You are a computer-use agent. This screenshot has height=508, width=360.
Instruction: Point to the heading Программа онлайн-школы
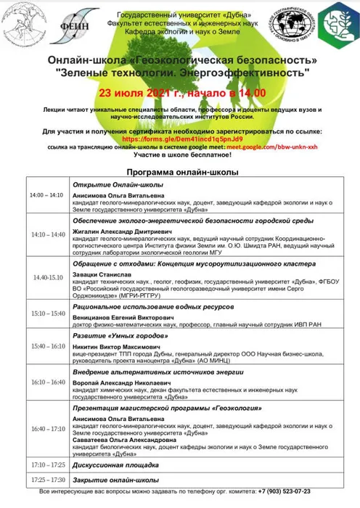179,174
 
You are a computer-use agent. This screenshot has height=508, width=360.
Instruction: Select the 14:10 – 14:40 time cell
46,235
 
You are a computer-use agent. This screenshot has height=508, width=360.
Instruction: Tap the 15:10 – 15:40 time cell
46,313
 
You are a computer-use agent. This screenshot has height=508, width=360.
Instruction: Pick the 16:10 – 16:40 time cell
46,381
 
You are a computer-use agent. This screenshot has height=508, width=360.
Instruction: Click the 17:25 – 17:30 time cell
46,480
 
